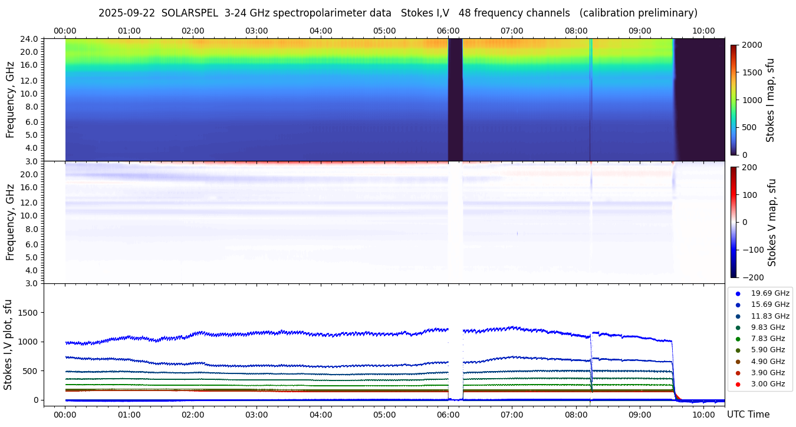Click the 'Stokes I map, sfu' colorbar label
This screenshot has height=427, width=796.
tap(771, 100)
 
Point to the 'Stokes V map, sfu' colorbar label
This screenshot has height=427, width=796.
tap(772, 223)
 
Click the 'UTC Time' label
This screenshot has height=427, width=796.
tap(748, 415)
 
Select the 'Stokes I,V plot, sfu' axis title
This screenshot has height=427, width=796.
tap(8, 344)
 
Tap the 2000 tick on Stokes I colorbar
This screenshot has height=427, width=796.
tap(751, 45)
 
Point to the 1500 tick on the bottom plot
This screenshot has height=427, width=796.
tap(29, 313)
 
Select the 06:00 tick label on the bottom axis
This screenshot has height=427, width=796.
tap(448, 415)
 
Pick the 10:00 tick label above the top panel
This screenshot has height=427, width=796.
tap(703, 31)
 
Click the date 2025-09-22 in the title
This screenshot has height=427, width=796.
tap(126, 13)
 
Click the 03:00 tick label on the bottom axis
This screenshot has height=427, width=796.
tap(256, 415)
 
